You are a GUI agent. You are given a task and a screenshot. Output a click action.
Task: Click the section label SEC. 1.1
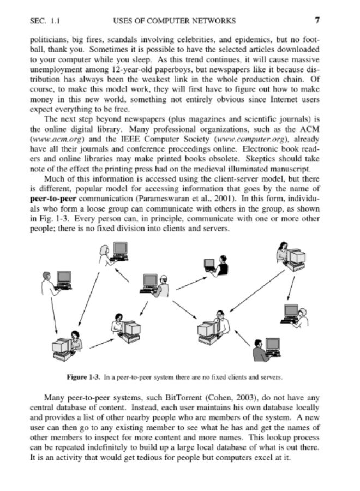46,21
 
